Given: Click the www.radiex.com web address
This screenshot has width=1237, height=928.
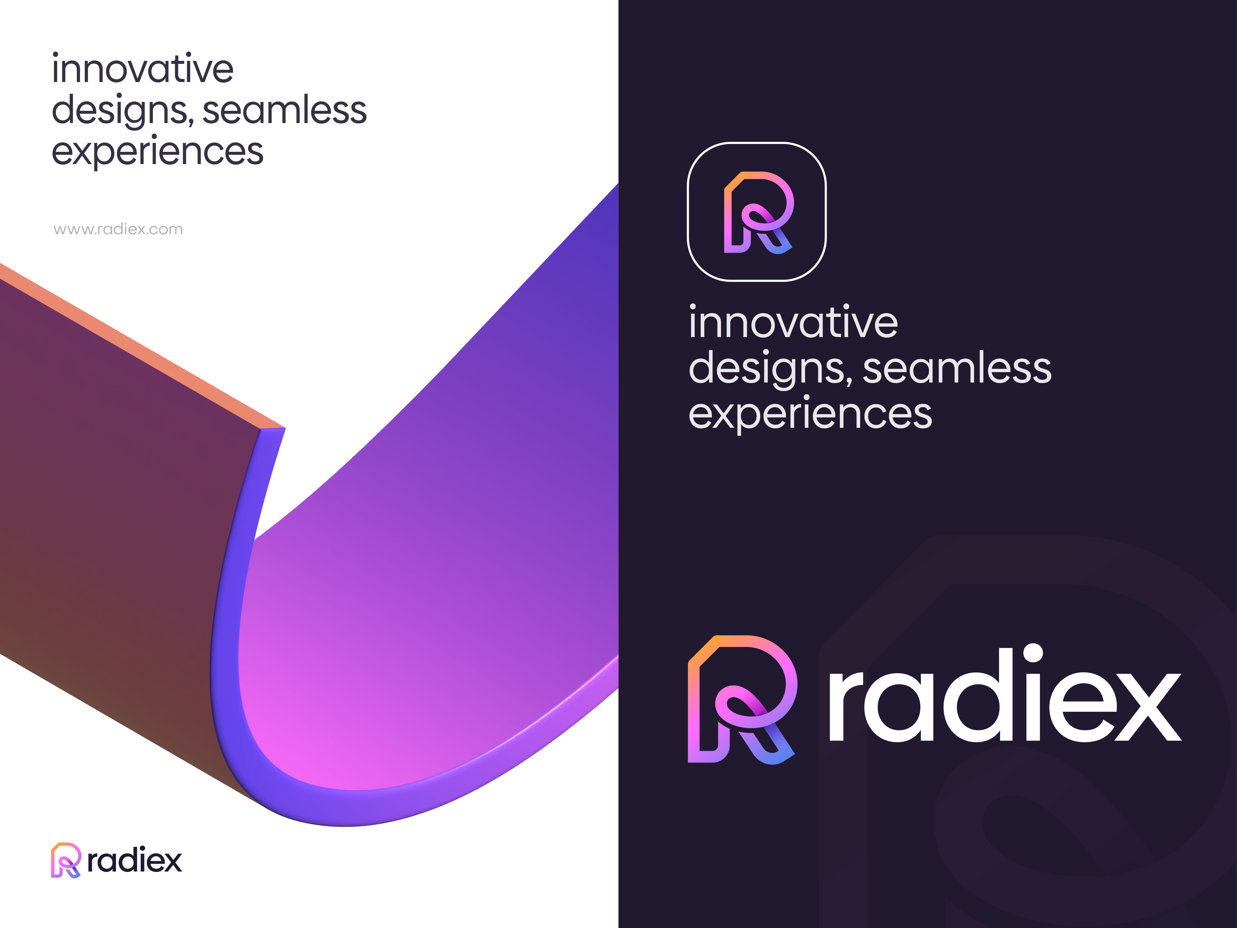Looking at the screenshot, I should (118, 229).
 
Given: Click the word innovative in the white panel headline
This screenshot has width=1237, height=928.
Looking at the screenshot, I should (143, 69).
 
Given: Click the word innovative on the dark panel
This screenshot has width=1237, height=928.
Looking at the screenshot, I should (793, 323).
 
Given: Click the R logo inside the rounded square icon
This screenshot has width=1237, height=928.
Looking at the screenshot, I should (758, 213).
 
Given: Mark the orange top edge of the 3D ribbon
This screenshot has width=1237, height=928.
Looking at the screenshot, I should (140, 347).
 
